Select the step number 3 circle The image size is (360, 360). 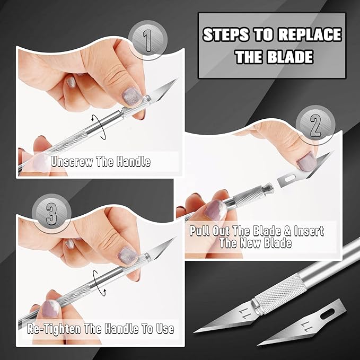[x=51, y=215]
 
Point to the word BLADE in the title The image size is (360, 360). [x=289, y=56]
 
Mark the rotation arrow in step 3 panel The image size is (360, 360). [x=95, y=280]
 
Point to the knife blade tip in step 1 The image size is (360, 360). [x=177, y=80]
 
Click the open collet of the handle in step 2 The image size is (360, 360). [x=268, y=187]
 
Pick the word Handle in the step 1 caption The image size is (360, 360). [x=130, y=162]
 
